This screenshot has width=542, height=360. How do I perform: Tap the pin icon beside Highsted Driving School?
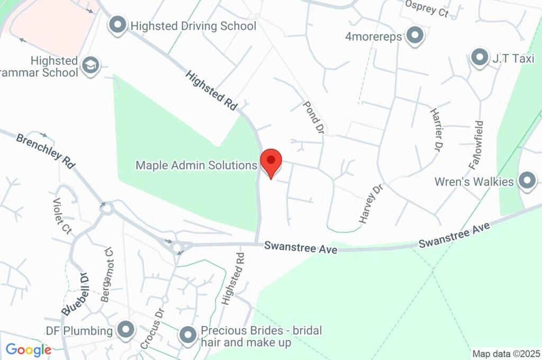(117, 24)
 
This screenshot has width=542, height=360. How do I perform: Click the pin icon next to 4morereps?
(415, 36)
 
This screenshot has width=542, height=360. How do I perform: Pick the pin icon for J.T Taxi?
(480, 57)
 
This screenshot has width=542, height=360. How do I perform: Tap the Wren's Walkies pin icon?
(527, 181)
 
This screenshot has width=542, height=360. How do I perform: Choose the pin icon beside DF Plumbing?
(126, 330)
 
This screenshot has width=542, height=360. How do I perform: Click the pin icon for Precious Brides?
(188, 335)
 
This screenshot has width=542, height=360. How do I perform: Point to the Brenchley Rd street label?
(46, 151)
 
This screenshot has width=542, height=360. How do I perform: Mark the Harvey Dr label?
(371, 204)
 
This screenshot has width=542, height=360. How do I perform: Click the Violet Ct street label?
(62, 216)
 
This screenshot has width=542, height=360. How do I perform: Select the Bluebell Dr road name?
(75, 294)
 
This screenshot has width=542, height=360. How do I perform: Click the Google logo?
(28, 349)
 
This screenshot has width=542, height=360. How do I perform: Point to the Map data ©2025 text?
(505, 354)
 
